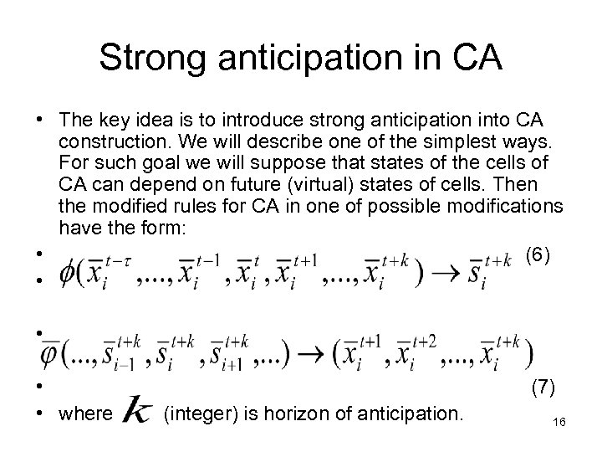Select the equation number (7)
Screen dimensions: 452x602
tap(538, 388)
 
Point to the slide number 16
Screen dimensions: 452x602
tap(560, 425)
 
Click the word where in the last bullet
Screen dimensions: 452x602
tap(85, 413)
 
